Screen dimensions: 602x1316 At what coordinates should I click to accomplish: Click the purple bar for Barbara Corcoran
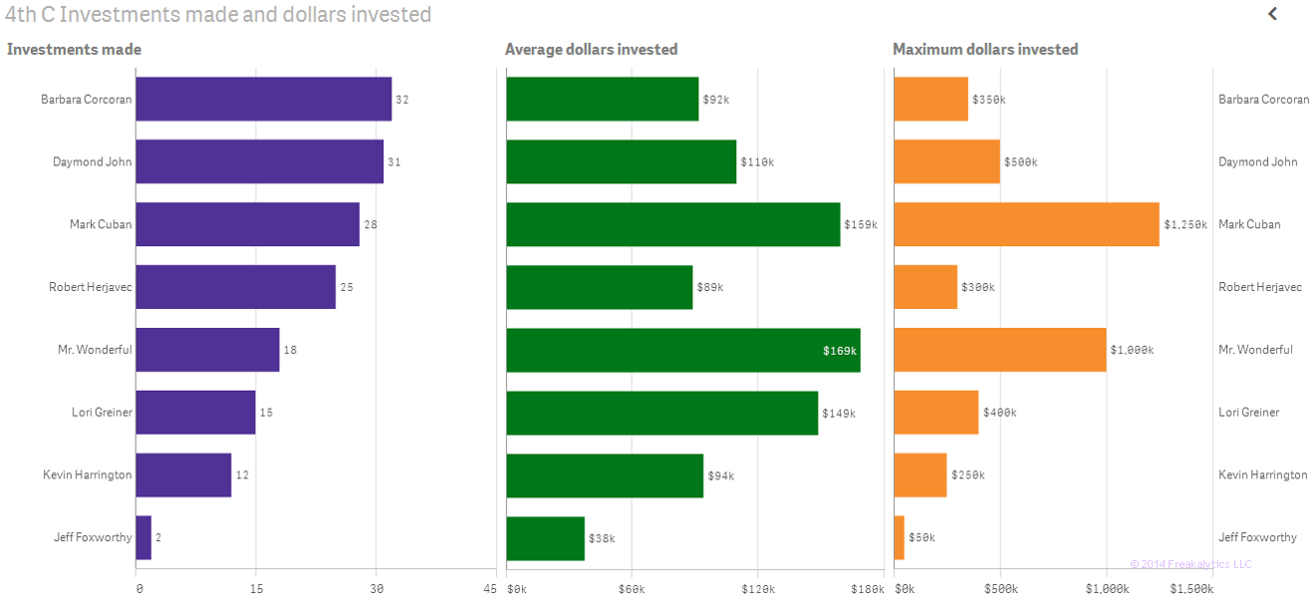(263, 100)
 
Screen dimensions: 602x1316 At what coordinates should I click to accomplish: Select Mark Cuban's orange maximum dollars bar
(1026, 224)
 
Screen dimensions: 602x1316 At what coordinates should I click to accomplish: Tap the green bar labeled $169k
(682, 351)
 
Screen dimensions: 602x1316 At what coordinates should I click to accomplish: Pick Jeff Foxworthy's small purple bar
(143, 537)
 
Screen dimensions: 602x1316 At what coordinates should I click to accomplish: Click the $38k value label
(602, 538)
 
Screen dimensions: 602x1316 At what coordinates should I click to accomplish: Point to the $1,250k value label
(1185, 225)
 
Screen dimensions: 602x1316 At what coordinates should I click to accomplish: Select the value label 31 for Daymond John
(394, 162)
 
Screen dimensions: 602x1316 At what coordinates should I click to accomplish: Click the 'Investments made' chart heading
(74, 50)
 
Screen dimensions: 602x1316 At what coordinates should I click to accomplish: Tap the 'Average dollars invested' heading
(591, 50)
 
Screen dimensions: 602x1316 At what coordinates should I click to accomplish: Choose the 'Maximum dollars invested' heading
(984, 50)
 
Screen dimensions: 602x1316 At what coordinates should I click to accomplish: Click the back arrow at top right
(1272, 14)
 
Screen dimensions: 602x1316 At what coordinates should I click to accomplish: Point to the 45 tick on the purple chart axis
(490, 589)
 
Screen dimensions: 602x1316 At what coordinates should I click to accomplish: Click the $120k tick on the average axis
(757, 589)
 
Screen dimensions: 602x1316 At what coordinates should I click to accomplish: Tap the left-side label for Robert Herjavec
(90, 287)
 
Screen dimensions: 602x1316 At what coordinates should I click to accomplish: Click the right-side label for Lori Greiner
(1248, 413)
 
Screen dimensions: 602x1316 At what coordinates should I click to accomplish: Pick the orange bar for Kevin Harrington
(920, 475)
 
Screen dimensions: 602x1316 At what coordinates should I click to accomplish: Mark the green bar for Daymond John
(621, 162)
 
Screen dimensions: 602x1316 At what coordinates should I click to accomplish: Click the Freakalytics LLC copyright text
(1190, 565)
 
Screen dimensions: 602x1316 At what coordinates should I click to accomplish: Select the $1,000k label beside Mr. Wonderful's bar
(1132, 351)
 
